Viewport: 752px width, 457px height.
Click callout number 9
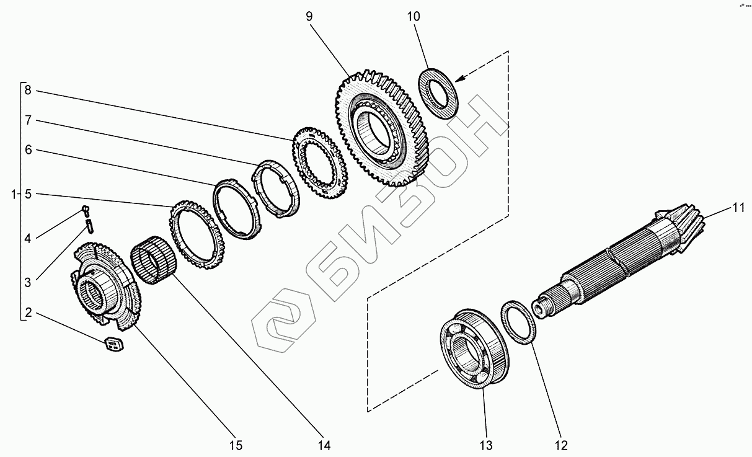pos(309,16)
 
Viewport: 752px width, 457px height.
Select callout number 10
pos(414,16)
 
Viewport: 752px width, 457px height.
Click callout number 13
pos(485,445)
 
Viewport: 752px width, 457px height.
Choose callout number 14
pos(324,445)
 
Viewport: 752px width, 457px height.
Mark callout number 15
pos(236,445)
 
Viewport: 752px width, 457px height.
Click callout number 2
pos(27,311)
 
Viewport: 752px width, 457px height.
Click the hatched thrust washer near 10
pos(441,94)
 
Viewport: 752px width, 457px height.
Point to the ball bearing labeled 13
pos(474,347)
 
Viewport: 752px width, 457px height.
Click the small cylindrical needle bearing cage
pos(153,264)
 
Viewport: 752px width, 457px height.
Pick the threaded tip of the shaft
pos(541,306)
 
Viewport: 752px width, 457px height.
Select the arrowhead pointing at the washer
pos(459,79)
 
